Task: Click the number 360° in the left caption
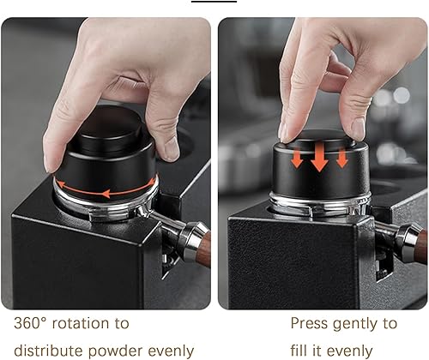point(30,323)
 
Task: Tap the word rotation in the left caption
point(81,323)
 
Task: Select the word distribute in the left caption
point(47,351)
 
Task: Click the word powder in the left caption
point(115,351)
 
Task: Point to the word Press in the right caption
point(309,323)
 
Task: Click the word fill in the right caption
point(299,351)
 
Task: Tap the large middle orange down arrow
point(319,157)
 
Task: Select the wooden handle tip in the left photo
point(207,249)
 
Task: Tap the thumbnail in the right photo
point(358,129)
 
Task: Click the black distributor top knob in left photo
point(110,131)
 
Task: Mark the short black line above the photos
point(214,2)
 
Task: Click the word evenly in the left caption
point(171,351)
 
